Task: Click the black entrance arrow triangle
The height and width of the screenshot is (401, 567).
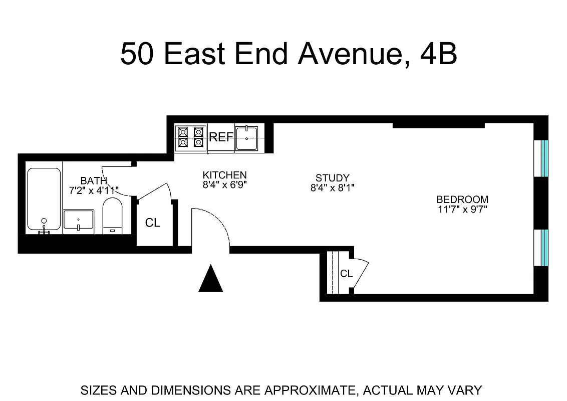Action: (210, 279)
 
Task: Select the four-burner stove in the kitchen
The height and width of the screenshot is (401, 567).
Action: (190, 137)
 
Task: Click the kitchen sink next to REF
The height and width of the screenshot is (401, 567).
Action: (246, 138)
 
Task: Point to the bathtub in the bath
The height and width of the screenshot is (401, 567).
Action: (44, 199)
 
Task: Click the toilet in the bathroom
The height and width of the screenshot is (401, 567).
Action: (112, 216)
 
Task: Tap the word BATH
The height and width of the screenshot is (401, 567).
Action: (94, 180)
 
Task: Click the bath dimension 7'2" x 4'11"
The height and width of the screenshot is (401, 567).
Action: (94, 190)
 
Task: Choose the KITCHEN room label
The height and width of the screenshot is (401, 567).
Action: (224, 175)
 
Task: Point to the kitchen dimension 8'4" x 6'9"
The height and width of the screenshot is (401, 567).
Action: (224, 184)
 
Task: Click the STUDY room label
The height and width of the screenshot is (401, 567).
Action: (332, 178)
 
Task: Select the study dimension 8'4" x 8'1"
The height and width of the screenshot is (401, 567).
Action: (332, 187)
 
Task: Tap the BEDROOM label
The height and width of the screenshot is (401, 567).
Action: (462, 199)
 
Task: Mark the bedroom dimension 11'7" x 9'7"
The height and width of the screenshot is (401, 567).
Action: (462, 209)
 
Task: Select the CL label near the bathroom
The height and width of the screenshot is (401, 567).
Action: (153, 223)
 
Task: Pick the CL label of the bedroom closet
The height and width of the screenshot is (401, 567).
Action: (346, 274)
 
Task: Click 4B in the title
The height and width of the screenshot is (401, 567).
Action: (439, 54)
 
